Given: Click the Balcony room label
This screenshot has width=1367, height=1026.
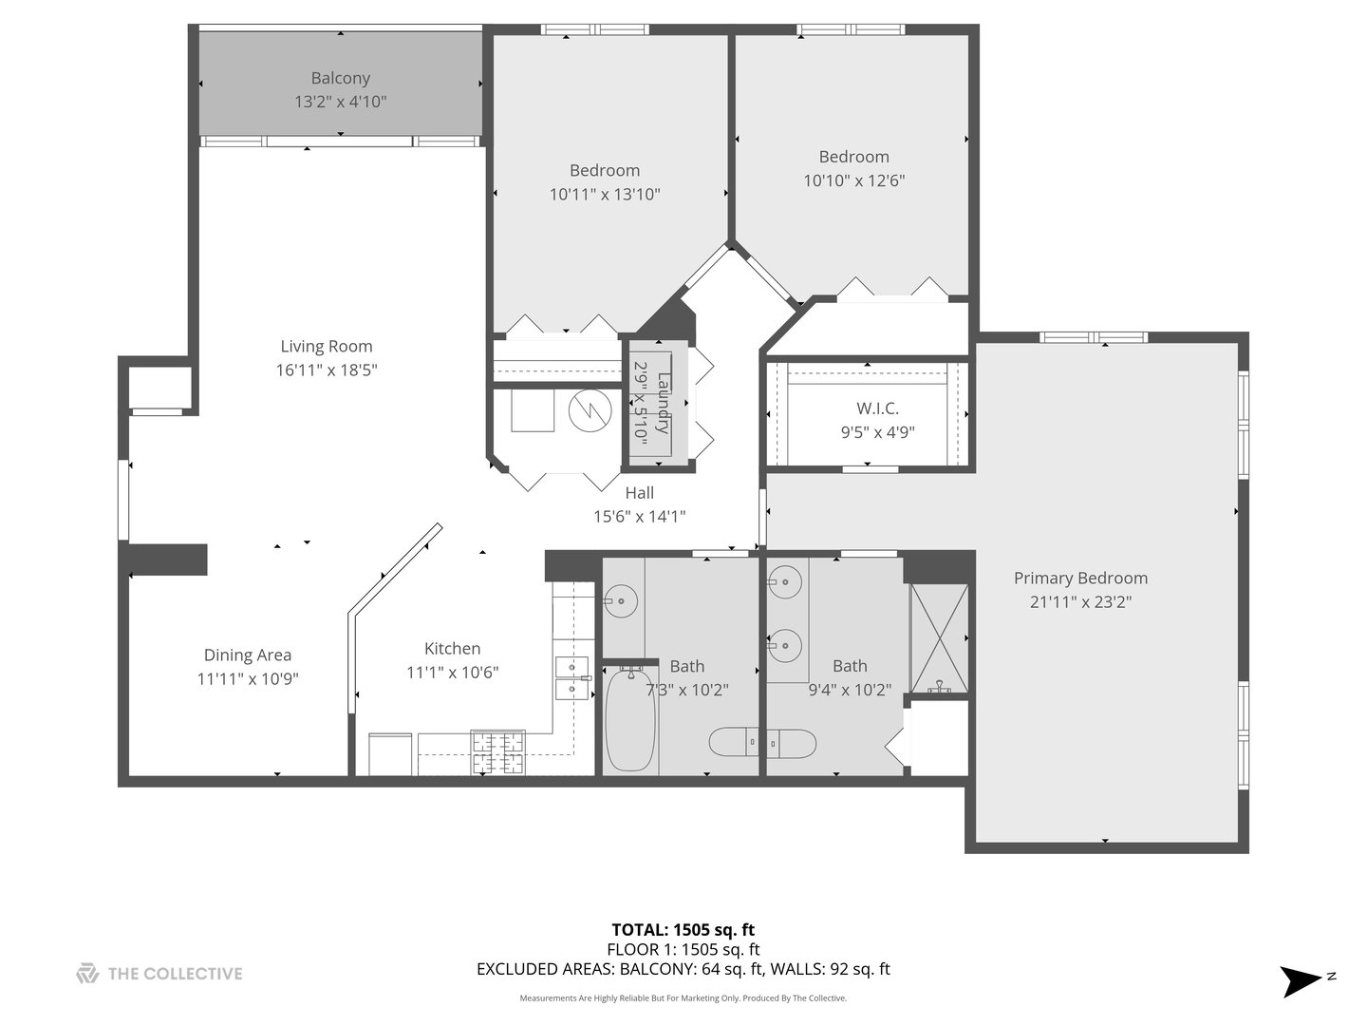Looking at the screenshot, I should coord(340,79).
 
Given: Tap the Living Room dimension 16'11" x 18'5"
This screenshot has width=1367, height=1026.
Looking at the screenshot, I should coord(327,370).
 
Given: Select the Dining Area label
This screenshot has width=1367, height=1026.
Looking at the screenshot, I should coord(248,655).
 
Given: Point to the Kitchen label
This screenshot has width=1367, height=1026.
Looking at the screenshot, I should coord(452,649).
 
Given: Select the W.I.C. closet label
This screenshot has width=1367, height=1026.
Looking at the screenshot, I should coord(877,408).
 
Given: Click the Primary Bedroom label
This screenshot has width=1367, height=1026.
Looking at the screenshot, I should coord(1080,579).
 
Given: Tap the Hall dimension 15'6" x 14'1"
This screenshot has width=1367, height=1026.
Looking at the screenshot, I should coord(639,517).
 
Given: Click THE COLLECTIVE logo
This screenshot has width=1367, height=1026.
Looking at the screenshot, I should coord(159,973).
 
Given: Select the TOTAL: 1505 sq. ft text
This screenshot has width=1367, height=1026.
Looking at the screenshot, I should coord(683,930).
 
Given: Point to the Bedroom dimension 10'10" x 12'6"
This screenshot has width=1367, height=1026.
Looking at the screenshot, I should coord(853,180).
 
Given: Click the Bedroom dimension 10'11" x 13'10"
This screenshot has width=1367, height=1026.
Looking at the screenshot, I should coord(605,195).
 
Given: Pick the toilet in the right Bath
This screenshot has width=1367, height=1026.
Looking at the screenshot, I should coord(791,742).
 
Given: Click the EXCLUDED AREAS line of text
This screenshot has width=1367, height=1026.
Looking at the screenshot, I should coord(683,970).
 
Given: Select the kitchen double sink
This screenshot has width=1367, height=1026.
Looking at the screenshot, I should coord(571,677).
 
